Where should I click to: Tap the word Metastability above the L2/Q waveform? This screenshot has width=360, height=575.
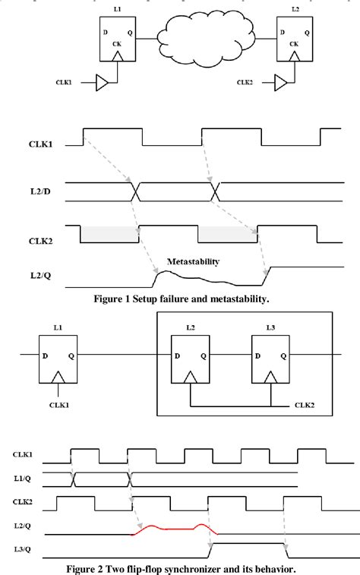tap(193, 261)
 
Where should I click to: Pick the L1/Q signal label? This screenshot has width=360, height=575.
tap(22, 478)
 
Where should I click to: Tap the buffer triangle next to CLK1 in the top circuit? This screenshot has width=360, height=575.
tap(103, 81)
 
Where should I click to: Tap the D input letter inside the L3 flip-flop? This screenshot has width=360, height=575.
tap(261, 355)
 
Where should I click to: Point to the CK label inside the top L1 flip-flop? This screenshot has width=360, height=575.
tap(117, 45)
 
